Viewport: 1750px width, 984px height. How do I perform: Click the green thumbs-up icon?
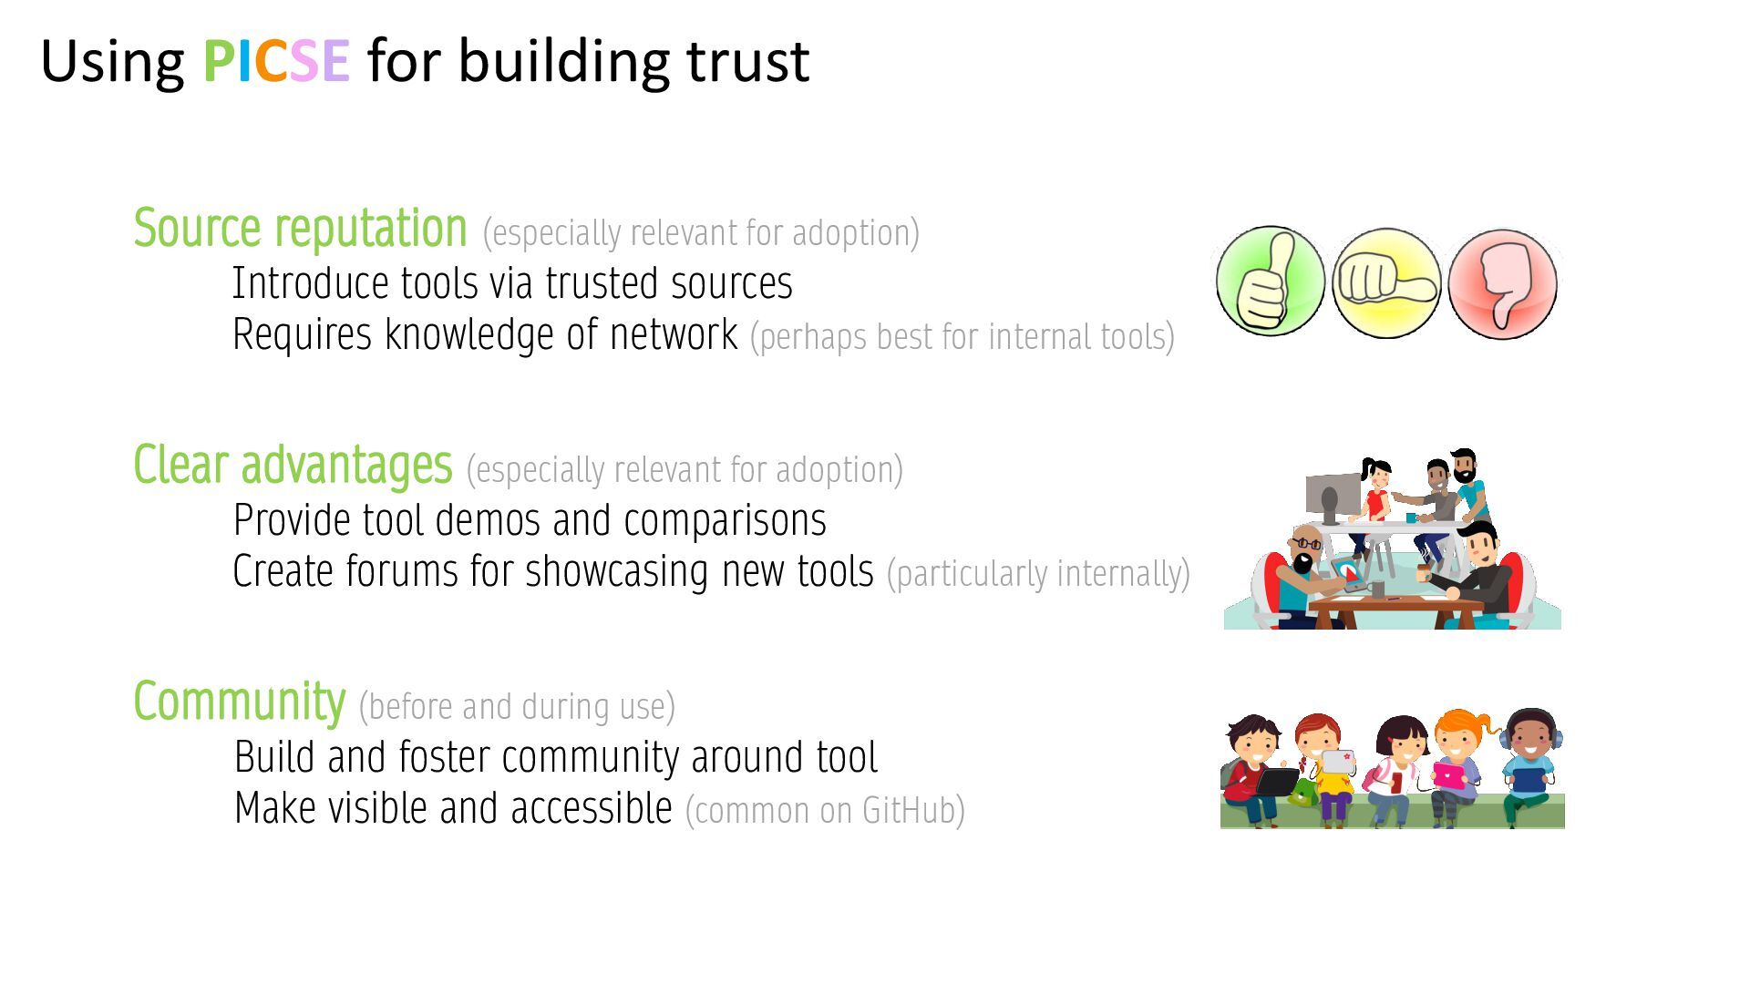click(x=1270, y=282)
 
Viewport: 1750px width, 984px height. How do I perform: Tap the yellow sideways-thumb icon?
click(x=1385, y=283)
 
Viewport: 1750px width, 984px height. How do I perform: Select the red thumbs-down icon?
click(x=1502, y=284)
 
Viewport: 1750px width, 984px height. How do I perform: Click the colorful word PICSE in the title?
click(x=275, y=61)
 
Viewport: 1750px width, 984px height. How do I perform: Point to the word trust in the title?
click(x=747, y=61)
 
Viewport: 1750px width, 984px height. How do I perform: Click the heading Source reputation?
click(x=300, y=228)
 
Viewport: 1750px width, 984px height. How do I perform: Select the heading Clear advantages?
click(x=293, y=465)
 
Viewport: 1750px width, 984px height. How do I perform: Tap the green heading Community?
click(x=239, y=702)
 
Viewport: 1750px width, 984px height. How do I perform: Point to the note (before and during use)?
click(x=517, y=707)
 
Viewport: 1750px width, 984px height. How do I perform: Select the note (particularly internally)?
click(x=1038, y=574)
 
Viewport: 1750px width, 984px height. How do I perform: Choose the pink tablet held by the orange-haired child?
click(x=1447, y=775)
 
